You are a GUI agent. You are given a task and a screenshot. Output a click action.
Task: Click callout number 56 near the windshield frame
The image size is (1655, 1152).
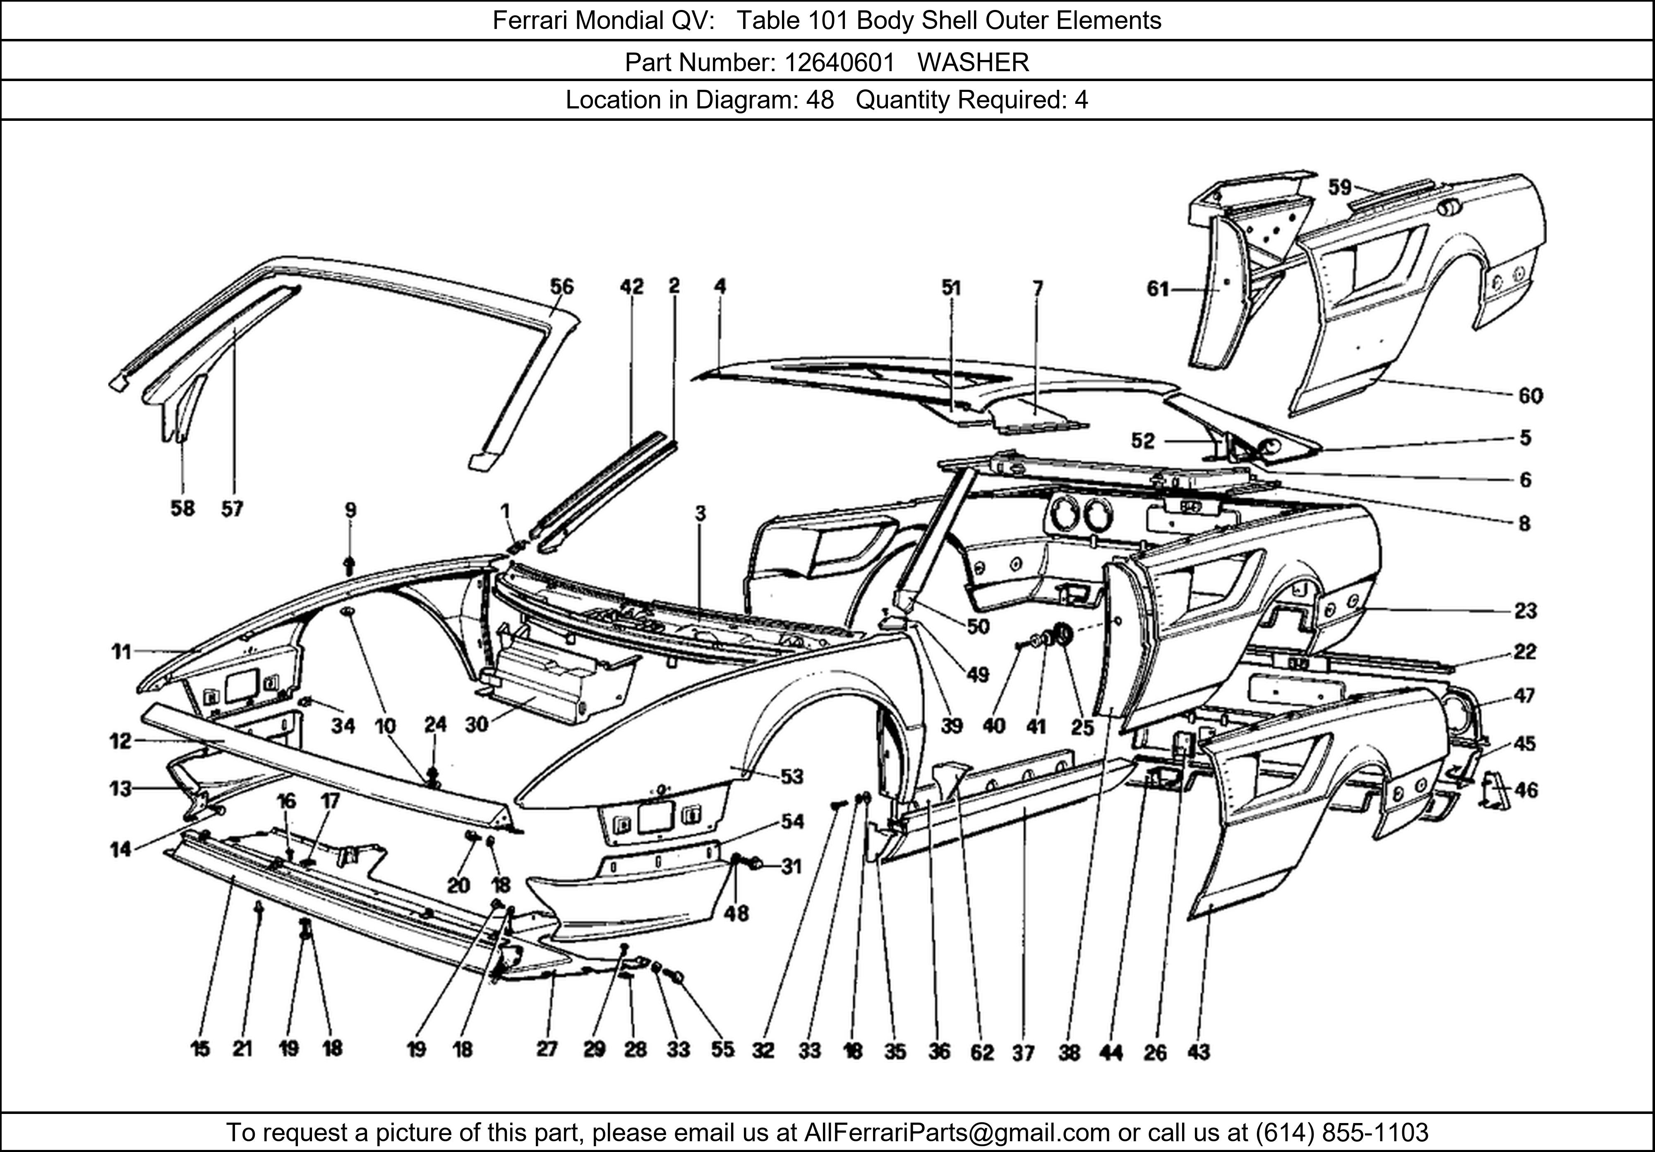coord(561,287)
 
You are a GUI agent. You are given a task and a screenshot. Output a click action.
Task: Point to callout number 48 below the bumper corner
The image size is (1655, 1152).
coord(736,913)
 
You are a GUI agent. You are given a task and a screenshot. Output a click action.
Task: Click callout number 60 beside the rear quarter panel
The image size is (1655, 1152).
coord(1530,396)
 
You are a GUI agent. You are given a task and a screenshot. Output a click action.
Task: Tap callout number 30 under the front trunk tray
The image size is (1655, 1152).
coord(477,725)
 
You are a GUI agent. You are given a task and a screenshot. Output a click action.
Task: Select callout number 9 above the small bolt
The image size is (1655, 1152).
coord(350,510)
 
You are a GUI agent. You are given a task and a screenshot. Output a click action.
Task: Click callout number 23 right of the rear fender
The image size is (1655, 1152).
coord(1525,611)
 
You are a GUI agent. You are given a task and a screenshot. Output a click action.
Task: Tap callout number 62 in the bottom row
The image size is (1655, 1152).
coord(982,1053)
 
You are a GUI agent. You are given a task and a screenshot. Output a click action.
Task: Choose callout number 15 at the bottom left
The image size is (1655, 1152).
coord(200,1049)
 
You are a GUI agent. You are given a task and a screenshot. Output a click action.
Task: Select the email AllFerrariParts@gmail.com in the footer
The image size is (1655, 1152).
coord(957,1133)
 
